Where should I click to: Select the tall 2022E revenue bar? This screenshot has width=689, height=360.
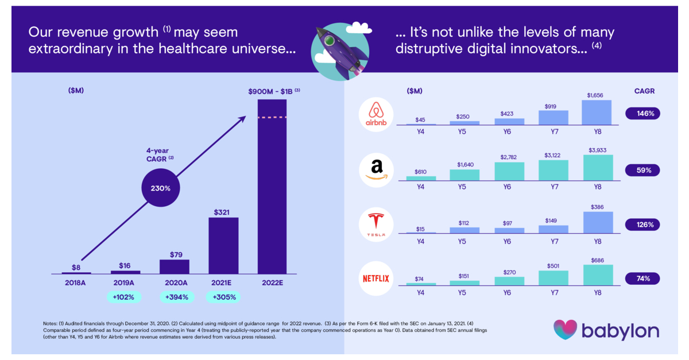tap(272, 187)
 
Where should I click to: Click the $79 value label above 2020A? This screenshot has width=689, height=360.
tap(174, 253)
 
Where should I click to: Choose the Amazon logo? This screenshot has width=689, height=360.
tap(376, 169)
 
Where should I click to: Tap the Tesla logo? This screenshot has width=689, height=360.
tap(376, 224)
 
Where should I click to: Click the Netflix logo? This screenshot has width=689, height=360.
tap(376, 278)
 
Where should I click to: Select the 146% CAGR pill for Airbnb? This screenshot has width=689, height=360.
tap(642, 114)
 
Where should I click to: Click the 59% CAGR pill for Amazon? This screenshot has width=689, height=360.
tap(642, 170)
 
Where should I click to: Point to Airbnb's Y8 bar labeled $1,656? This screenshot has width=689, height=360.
tap(597, 113)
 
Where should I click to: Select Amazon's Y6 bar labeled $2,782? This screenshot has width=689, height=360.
tap(509, 171)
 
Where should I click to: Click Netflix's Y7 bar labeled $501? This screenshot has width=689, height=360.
tap(553, 278)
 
